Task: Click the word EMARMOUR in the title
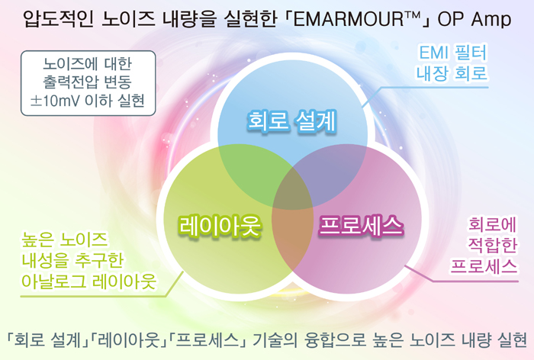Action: point(348,19)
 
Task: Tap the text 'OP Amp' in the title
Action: point(474,20)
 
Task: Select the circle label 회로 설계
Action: point(292,121)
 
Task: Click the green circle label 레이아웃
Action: point(220,226)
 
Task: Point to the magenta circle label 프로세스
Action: point(361,225)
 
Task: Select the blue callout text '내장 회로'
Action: point(452,73)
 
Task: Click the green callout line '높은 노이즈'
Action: point(64,239)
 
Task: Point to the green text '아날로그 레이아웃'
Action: point(88,281)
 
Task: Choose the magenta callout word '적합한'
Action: point(493,246)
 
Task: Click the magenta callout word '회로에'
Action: point(493,224)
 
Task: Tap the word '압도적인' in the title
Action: point(58,19)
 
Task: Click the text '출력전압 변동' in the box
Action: point(88,82)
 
